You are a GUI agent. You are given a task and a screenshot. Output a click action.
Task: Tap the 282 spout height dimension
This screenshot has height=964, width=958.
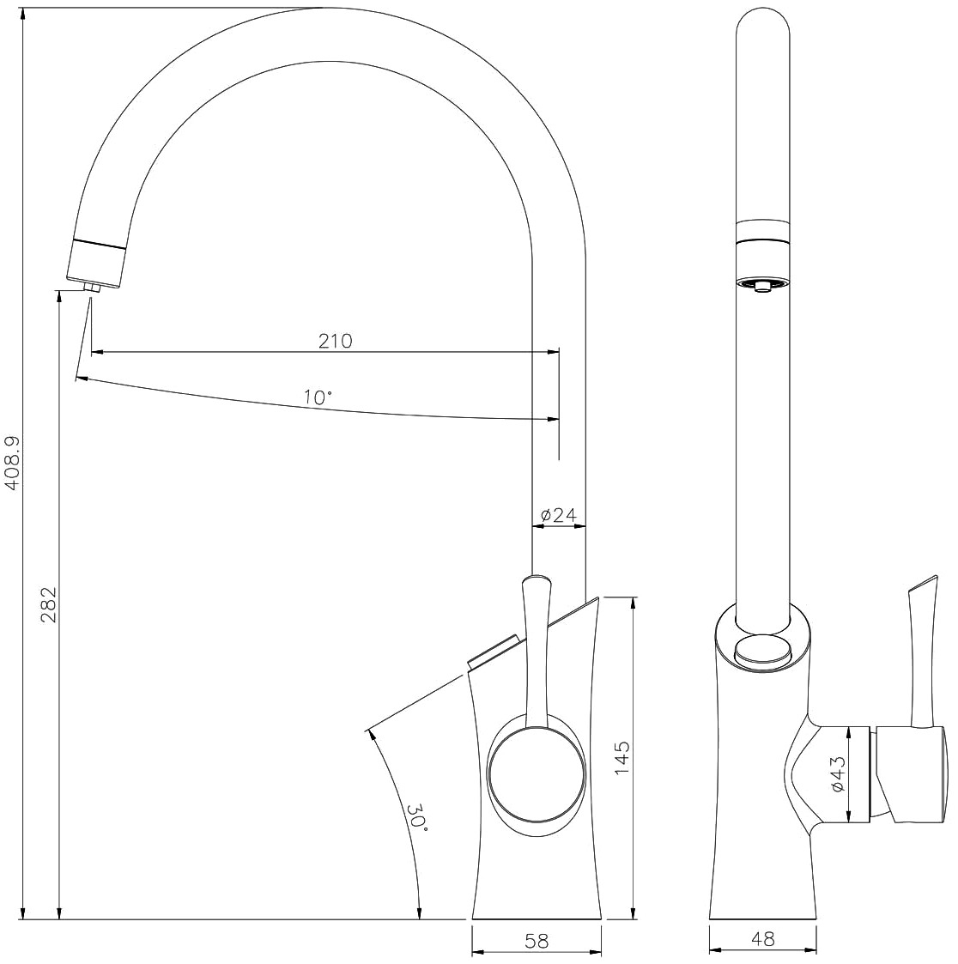tap(49, 605)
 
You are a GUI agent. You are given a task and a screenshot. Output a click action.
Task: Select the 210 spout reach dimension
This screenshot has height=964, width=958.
tap(335, 341)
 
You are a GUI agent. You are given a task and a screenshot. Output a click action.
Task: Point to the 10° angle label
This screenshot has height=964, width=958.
tap(318, 397)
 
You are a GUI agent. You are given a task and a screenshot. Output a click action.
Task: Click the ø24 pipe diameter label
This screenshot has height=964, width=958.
tap(559, 515)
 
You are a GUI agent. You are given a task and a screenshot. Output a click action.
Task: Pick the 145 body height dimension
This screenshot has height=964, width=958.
tap(622, 757)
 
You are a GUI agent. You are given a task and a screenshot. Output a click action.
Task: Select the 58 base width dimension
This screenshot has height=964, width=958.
tap(537, 941)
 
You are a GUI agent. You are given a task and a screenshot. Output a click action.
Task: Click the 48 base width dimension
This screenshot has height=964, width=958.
tap(763, 939)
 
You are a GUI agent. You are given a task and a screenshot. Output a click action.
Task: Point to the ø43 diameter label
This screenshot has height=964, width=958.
tap(838, 773)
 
